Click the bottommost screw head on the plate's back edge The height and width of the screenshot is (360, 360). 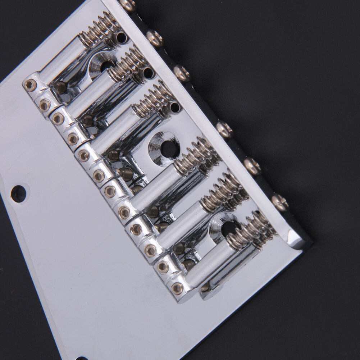[279, 202]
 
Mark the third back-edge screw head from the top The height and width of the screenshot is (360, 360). [182, 73]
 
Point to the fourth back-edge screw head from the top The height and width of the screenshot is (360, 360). [224, 129]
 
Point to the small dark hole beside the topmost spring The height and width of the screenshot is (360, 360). [121, 36]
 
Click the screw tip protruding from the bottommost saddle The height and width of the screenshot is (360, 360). [204, 287]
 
